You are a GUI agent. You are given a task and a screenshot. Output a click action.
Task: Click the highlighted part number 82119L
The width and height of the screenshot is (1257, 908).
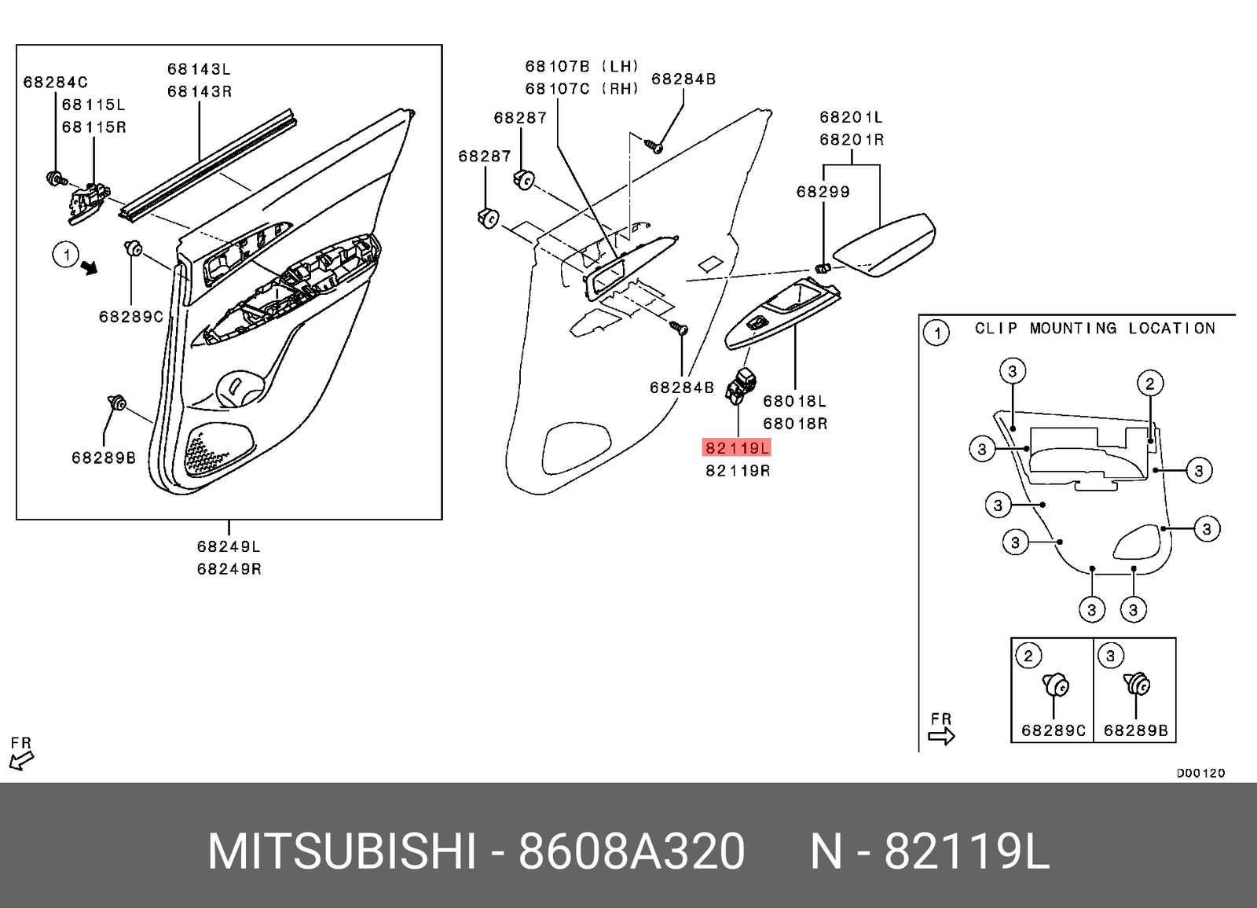click(737, 448)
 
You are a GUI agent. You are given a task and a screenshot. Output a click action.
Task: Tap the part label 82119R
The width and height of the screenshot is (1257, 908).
click(737, 471)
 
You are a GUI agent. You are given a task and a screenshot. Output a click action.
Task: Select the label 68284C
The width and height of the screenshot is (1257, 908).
click(55, 83)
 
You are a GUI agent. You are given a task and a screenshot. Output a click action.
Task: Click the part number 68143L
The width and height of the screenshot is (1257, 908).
click(199, 69)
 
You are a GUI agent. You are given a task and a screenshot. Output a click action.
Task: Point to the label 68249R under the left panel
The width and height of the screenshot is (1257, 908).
click(229, 568)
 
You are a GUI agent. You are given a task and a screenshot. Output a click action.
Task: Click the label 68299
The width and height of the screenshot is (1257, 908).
click(823, 192)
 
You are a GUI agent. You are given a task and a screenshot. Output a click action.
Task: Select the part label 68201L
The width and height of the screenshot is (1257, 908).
click(851, 117)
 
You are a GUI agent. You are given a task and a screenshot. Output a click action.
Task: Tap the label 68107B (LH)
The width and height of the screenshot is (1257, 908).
click(581, 67)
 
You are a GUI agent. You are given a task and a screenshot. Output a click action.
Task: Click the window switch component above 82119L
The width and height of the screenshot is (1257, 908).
click(740, 386)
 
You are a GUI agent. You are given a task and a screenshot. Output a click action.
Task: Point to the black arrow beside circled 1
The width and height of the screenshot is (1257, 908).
click(90, 267)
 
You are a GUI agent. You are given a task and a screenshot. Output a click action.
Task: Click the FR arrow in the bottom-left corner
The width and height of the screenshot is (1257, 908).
click(21, 759)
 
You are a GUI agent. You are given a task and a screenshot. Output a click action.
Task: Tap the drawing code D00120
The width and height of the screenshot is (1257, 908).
click(1200, 773)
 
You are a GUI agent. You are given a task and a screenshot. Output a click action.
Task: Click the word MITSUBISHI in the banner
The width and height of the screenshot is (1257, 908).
click(341, 851)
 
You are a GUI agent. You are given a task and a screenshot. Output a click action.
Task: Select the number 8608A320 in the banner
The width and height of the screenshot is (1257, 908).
click(631, 851)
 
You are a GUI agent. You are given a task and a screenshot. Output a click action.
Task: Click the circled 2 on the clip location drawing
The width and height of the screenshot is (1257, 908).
click(1149, 384)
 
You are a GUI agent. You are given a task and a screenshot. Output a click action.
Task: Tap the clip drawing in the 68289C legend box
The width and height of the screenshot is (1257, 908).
click(1055, 686)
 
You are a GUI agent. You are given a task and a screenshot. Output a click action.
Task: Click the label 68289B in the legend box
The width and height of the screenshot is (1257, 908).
click(1135, 730)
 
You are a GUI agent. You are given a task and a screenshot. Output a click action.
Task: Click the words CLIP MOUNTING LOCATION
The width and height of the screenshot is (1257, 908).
click(1094, 329)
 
